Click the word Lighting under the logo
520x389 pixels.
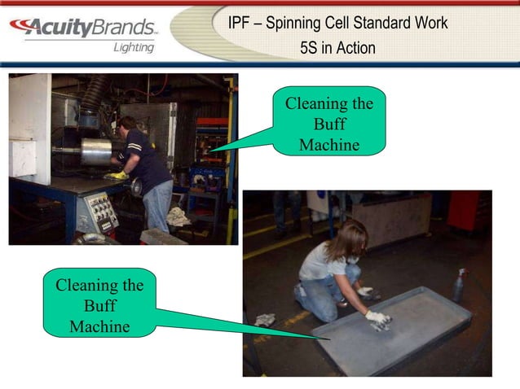pos(133,47)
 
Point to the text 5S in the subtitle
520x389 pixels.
pos(311,48)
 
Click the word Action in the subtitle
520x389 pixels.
pos(357,48)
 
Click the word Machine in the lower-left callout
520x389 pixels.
pos(99,326)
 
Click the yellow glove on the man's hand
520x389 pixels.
pos(119,174)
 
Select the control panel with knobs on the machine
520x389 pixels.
pos(97,213)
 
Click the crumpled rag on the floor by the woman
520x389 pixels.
pos(266,320)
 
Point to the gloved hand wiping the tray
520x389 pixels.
pos(377,320)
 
